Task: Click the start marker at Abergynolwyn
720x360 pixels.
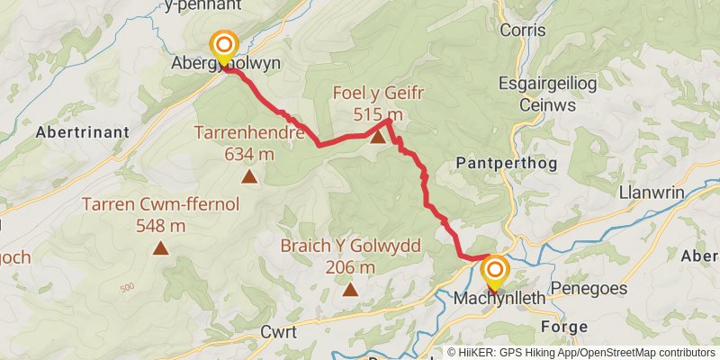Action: (x=223, y=45)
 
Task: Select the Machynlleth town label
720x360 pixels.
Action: (x=499, y=297)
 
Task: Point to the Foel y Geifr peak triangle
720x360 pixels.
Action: (x=378, y=138)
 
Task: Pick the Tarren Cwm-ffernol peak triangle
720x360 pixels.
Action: (x=160, y=247)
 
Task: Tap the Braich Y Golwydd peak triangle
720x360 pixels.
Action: (x=349, y=289)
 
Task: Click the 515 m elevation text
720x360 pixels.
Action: (x=378, y=114)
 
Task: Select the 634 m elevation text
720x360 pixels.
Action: (x=248, y=154)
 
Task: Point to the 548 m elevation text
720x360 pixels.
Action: (x=160, y=225)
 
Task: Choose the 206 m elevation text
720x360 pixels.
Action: (x=350, y=267)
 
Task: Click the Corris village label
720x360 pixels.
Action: (x=524, y=30)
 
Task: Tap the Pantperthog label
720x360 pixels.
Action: (x=507, y=163)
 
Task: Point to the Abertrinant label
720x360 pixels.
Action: (x=82, y=131)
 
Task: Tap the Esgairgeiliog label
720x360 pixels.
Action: (x=544, y=84)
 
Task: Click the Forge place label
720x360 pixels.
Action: (x=565, y=326)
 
